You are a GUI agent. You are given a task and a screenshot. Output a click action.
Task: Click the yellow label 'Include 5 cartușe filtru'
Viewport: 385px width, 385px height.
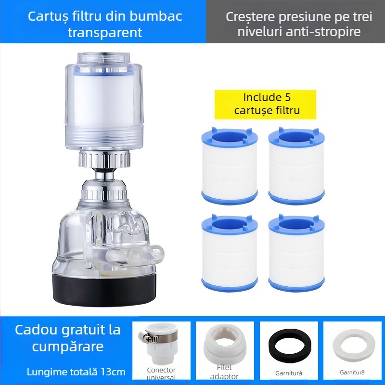(x=265, y=104)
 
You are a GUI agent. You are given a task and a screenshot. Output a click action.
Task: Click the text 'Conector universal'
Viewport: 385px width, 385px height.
(x=161, y=373)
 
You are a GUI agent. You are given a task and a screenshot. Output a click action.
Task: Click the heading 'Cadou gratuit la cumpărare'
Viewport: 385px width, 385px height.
(x=67, y=339)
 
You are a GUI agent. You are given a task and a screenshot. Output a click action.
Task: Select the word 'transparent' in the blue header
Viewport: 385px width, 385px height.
(x=105, y=33)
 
